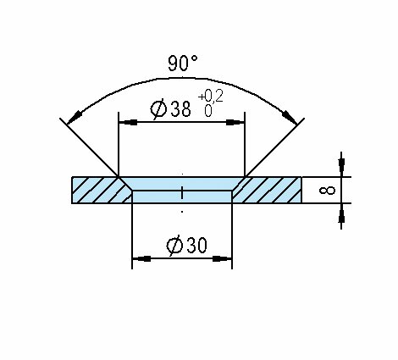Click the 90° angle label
183,63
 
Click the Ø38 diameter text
170,108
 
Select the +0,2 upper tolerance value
211,96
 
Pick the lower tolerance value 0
208,111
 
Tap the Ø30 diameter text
186,245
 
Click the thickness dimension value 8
327,191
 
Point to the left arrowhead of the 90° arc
75,117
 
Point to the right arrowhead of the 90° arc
290,117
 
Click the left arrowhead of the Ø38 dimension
128,122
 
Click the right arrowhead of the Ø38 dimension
235,122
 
